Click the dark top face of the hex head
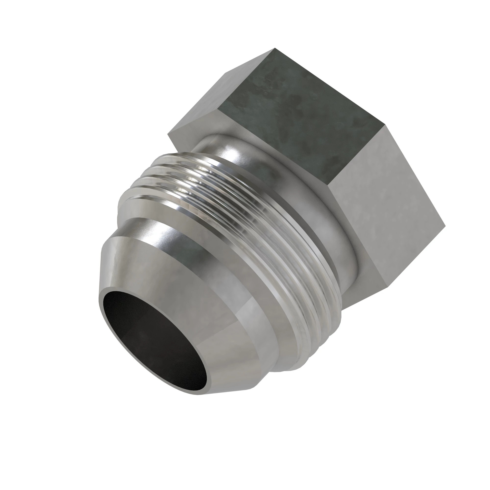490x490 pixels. click(x=299, y=114)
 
